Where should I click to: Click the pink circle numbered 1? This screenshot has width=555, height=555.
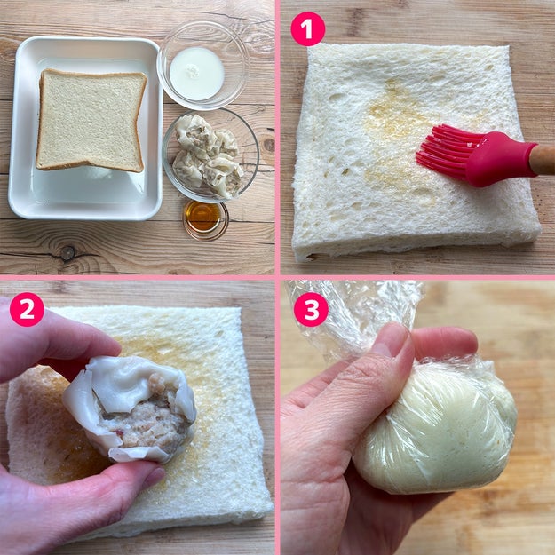click(x=307, y=28)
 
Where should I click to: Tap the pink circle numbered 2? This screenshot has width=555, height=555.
click(x=27, y=309)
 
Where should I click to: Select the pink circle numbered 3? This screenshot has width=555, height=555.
click(x=311, y=309)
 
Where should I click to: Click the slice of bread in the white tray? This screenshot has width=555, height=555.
click(x=91, y=120)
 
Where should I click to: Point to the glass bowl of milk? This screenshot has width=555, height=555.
click(x=203, y=66)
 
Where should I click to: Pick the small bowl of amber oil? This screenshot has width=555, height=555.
click(x=205, y=219)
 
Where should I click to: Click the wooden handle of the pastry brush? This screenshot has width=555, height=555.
click(x=543, y=160)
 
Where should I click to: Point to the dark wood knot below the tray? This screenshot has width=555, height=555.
click(x=67, y=253)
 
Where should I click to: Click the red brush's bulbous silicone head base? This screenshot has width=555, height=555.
click(x=503, y=159)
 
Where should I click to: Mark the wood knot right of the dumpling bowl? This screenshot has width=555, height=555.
click(x=269, y=145)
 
